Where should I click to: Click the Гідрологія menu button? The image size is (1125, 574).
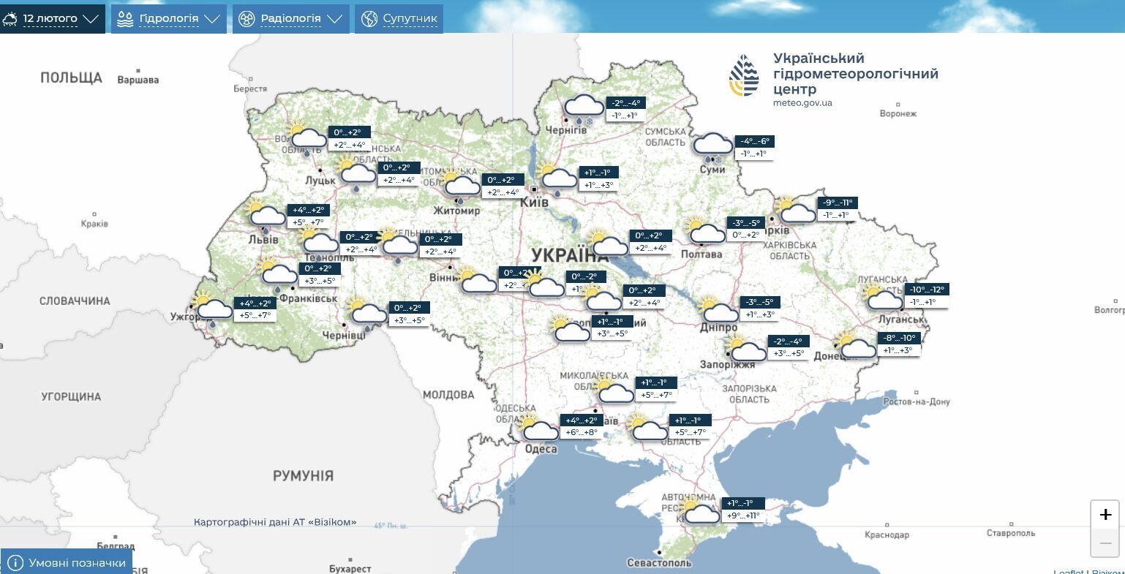[168, 18]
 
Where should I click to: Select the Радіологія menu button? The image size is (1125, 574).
[290, 18]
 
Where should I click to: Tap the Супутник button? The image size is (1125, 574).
[399, 18]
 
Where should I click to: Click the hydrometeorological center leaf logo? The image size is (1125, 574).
[744, 75]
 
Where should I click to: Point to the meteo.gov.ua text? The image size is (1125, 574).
[802, 103]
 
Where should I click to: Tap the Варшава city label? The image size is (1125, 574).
[138, 80]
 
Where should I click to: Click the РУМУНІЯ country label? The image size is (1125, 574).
[303, 476]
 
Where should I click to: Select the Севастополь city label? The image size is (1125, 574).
[658, 562]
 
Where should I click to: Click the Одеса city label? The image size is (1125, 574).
[541, 449]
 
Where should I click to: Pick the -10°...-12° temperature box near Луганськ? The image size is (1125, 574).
[928, 290]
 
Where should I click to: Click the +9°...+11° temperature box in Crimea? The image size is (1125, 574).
[743, 516]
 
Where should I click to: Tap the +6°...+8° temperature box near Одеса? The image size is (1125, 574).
[582, 432]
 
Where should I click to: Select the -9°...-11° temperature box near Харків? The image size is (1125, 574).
[838, 203]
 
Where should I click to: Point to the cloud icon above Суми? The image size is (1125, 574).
[712, 146]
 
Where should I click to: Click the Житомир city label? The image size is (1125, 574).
[456, 211]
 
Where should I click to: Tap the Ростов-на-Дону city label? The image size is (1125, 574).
[916, 401]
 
